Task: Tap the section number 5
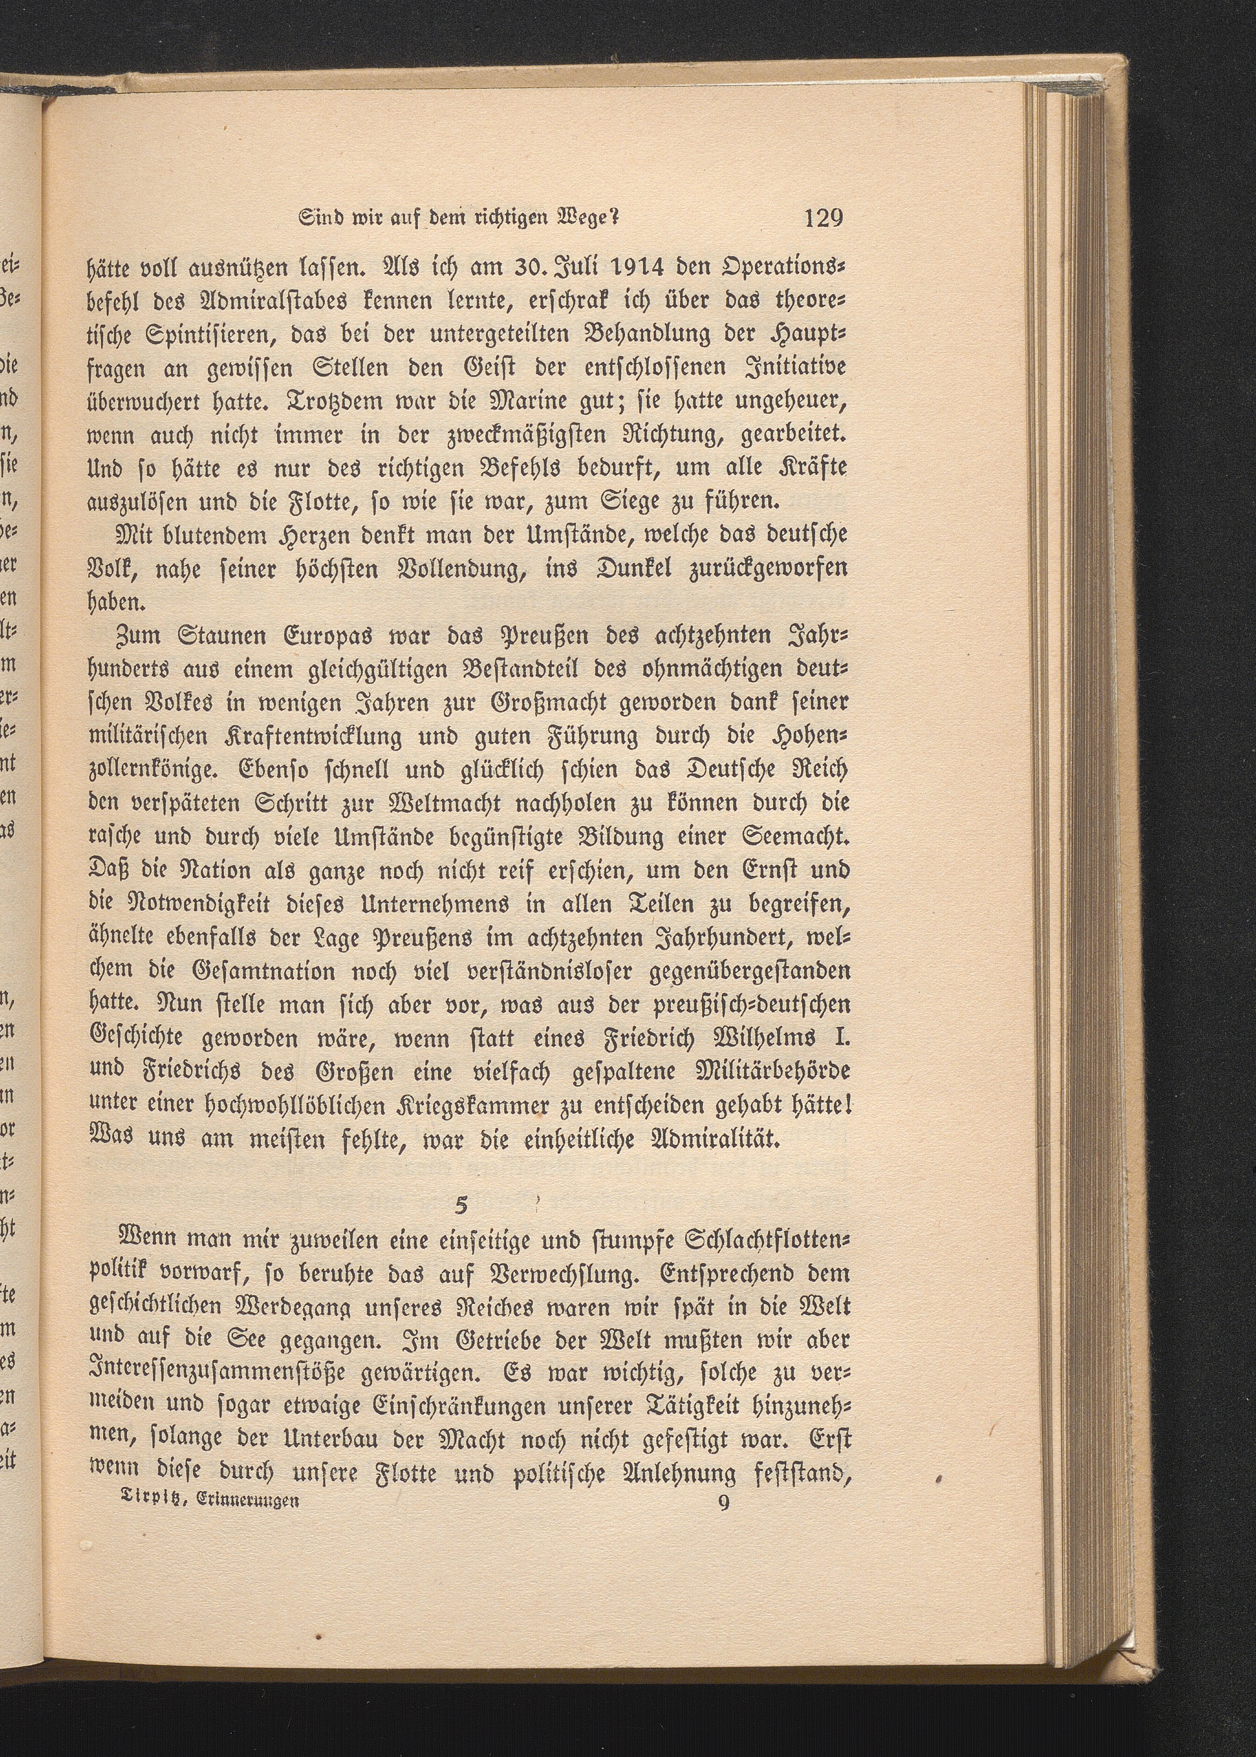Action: [461, 1204]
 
